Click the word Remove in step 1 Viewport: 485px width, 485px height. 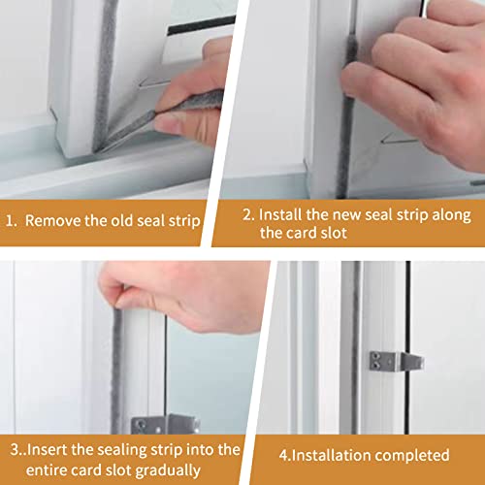coord(53,221)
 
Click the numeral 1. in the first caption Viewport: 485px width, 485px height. coord(12,221)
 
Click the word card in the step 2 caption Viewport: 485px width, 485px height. coord(301,233)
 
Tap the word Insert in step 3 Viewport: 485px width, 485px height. coord(47,450)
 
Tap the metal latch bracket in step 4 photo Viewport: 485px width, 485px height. coord(396,361)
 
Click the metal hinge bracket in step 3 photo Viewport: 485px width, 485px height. coord(165,424)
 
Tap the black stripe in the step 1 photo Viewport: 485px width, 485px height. coord(202,25)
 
